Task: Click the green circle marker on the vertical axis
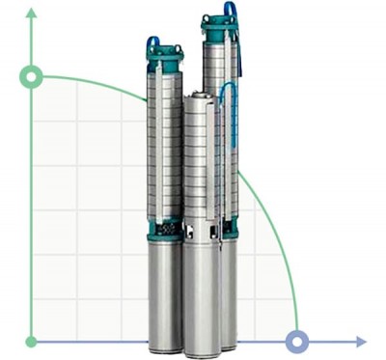32,76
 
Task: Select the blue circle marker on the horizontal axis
297,341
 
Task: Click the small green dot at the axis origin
32,341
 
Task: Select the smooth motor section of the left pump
163,290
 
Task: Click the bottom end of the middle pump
201,347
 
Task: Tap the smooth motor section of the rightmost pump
229,290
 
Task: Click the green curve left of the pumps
96,81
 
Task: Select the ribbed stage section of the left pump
162,145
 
